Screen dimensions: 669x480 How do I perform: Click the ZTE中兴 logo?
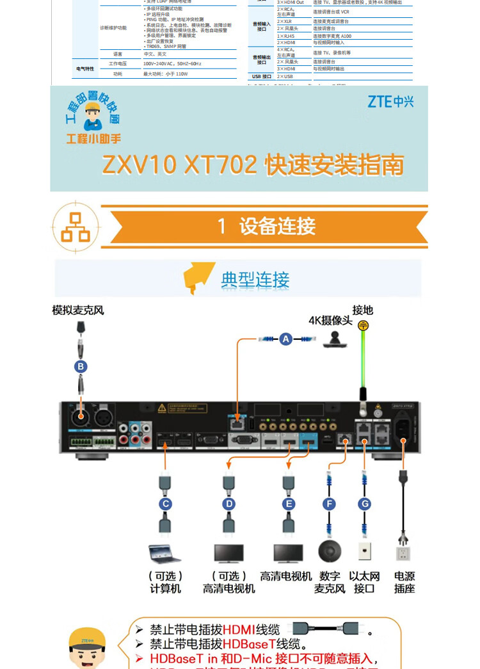[390, 101]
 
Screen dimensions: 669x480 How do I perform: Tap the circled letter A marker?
[285, 339]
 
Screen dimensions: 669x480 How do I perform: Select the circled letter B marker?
[81, 366]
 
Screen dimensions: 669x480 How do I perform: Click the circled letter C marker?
[166, 504]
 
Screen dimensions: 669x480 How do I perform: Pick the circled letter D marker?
[228, 504]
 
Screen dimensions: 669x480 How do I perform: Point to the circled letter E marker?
[289, 504]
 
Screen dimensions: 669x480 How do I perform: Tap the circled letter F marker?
[329, 504]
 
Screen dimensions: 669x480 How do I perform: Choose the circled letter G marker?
[364, 504]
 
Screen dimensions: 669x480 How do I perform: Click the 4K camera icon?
[335, 339]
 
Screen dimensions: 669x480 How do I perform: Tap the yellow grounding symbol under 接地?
[363, 325]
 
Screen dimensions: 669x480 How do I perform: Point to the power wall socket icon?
[403, 553]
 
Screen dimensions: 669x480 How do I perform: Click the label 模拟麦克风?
[78, 310]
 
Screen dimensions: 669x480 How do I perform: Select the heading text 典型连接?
[255, 280]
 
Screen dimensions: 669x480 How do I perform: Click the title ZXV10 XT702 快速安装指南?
[253, 165]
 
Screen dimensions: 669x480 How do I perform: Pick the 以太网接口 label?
[364, 583]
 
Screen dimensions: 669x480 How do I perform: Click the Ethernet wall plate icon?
[364, 552]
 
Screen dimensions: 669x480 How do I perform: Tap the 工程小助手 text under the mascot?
[93, 139]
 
